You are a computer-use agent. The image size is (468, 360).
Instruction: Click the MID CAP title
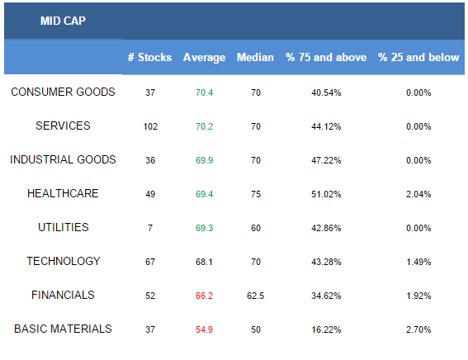point(63,21)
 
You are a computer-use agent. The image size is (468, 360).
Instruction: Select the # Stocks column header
point(150,57)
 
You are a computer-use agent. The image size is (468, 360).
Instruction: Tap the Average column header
point(204,57)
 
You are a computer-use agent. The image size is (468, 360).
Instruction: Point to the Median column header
point(255,57)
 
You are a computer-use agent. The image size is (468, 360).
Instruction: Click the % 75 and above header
point(326,57)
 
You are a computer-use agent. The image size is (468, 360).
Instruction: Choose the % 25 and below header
point(418,57)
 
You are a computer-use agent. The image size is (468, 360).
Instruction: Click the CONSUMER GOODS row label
point(63,92)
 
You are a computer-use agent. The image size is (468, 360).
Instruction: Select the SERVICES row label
point(63,126)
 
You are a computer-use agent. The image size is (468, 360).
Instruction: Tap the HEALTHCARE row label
point(63,193)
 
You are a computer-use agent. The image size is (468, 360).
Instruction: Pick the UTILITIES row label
point(64,227)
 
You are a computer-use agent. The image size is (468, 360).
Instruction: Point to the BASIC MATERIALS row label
point(63,329)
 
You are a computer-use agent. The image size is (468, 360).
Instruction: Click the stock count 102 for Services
point(150,126)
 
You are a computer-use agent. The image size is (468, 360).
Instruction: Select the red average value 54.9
point(204,329)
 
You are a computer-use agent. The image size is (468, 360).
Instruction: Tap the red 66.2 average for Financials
point(204,296)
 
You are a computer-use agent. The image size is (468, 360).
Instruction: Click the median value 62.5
point(256,296)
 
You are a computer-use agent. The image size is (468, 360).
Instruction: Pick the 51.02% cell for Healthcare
point(326,194)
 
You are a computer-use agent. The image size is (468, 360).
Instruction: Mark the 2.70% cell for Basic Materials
point(418,329)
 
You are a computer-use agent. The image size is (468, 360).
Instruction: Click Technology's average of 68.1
point(204,262)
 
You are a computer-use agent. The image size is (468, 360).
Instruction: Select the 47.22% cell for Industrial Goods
point(326,160)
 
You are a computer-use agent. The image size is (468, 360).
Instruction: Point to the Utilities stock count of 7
point(150,228)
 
